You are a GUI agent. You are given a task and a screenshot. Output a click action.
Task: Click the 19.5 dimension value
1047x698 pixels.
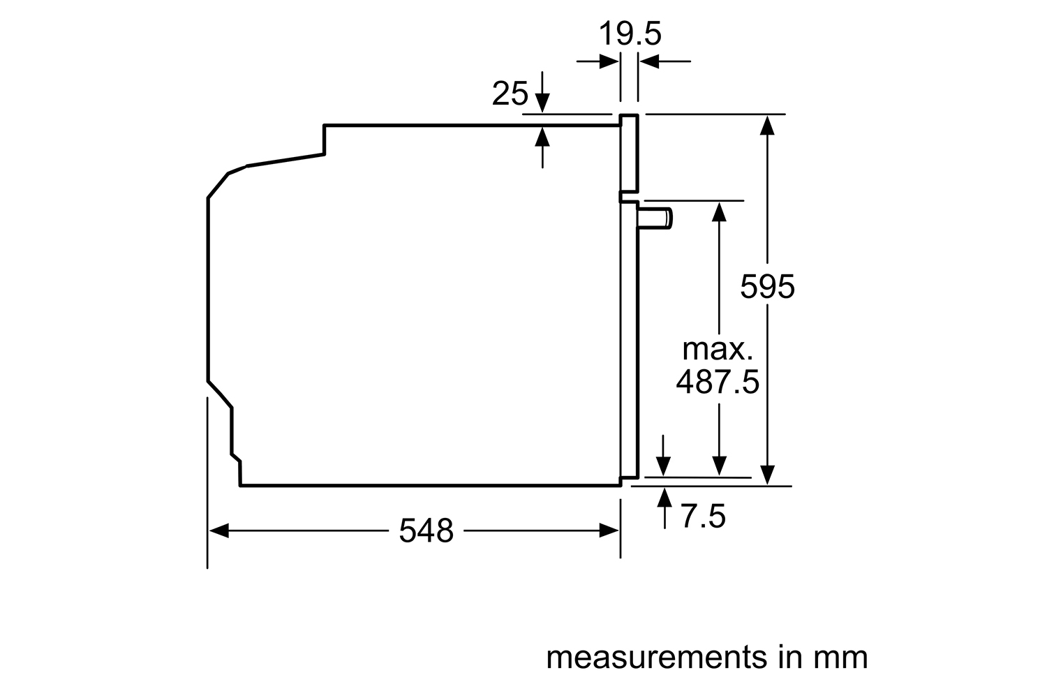coord(630,34)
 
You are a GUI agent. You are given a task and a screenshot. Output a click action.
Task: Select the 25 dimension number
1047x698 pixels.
coord(510,94)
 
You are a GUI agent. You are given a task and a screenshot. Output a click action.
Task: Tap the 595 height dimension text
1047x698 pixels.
coord(767,287)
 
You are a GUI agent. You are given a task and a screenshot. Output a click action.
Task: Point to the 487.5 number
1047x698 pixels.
coord(718,382)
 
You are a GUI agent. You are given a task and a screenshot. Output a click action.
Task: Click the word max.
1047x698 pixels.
coord(718,349)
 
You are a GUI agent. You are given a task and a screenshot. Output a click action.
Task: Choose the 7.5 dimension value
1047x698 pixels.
coord(702,516)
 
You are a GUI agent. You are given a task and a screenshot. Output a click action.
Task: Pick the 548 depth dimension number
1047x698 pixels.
coord(426,530)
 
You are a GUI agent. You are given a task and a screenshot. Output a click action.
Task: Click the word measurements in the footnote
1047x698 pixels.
coord(657,658)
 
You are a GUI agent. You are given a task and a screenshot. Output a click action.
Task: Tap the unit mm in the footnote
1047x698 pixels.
coord(840,658)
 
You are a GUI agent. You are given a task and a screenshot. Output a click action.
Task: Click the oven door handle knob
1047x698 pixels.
coord(655,218)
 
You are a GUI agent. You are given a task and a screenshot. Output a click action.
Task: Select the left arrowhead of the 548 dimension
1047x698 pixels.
coord(218,530)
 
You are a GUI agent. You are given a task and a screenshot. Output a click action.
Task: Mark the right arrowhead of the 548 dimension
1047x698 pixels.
coord(609,530)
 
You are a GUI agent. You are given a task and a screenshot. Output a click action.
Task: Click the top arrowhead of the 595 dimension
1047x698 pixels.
coord(767,125)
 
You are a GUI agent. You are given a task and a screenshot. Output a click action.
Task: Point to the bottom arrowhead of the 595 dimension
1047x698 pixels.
coord(767,475)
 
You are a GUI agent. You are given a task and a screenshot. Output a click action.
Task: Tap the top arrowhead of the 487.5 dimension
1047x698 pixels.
coord(719,211)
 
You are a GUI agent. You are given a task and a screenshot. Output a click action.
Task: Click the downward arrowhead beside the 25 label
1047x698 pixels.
coord(542,103)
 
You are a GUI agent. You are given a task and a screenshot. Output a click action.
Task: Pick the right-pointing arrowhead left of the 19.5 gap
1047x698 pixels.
coord(609,61)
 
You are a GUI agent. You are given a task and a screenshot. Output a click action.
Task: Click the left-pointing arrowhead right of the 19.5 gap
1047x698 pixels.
coord(649,61)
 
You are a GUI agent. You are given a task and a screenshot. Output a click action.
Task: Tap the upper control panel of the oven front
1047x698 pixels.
coord(629,154)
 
